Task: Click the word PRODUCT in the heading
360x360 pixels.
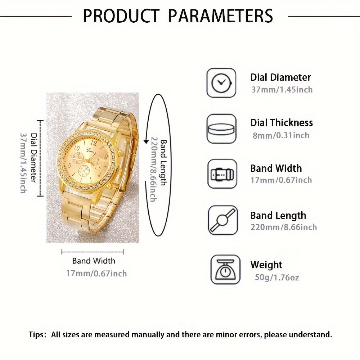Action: (x=121, y=16)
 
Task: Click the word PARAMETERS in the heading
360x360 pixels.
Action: (x=220, y=16)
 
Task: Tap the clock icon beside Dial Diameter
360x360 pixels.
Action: (x=221, y=83)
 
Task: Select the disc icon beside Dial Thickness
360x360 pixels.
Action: (x=221, y=129)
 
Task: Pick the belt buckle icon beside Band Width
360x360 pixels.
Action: (x=222, y=174)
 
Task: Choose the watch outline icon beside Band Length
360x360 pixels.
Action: (x=222, y=220)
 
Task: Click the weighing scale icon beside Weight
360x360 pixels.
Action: (x=225, y=270)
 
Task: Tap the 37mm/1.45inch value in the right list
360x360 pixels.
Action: (x=282, y=90)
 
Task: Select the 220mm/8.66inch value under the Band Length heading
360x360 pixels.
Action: (x=284, y=227)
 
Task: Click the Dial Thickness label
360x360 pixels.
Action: (x=282, y=123)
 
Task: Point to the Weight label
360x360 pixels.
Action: (x=266, y=265)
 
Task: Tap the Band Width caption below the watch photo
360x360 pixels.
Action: (x=94, y=261)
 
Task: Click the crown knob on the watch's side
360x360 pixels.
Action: (x=121, y=154)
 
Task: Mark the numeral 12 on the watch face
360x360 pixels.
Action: (x=94, y=143)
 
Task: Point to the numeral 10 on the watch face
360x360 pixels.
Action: (x=77, y=147)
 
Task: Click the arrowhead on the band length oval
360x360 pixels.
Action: (x=146, y=141)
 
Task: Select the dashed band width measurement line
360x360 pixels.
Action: (x=93, y=252)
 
